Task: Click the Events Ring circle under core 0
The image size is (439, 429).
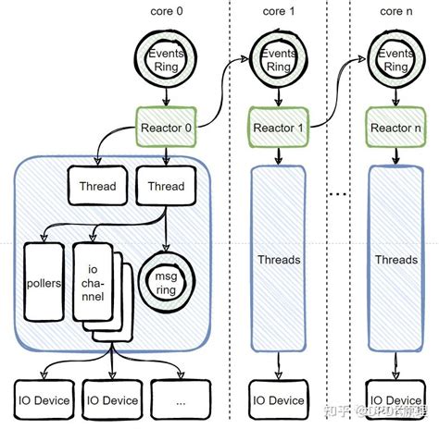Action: point(168,59)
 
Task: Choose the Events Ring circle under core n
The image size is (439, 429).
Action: point(395,59)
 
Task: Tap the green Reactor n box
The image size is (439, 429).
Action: point(395,125)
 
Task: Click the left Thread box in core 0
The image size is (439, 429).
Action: point(97,186)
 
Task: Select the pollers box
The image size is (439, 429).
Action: point(44,281)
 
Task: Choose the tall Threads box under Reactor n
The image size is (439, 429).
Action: point(396,260)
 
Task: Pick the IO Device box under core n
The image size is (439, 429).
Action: point(396,399)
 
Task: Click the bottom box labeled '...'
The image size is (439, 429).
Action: point(178,399)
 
